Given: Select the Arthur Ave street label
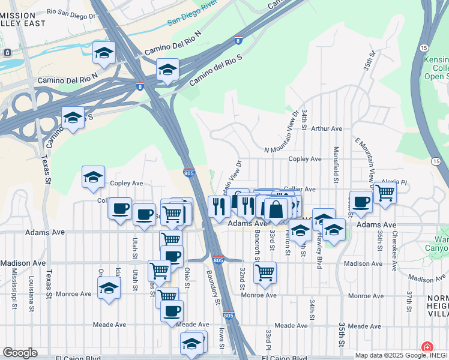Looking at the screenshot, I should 327,128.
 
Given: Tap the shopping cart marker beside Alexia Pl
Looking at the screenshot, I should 385,193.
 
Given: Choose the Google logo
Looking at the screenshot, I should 20,353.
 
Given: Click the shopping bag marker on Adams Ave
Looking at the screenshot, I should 276,210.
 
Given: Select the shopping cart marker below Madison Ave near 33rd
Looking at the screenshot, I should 265,272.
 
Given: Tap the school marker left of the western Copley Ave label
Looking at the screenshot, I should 93,178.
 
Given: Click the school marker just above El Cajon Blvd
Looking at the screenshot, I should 191,344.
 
